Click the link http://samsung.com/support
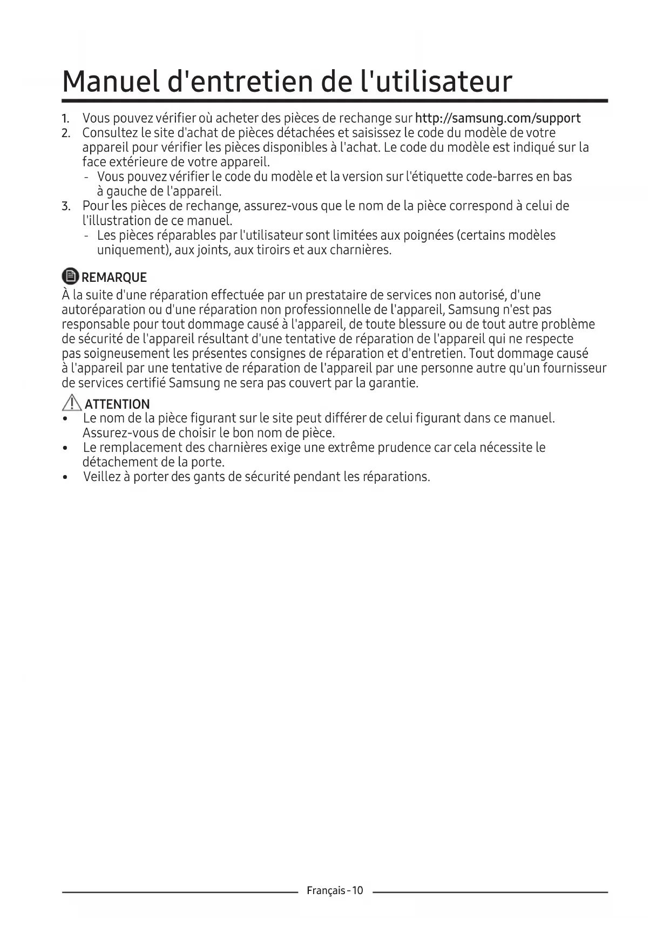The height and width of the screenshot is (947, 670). coord(497,118)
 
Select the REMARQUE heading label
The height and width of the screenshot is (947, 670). coord(114,278)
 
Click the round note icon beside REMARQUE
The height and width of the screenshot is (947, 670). coord(70,277)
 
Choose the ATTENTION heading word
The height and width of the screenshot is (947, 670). coord(117,404)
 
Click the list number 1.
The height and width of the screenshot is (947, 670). coord(65,118)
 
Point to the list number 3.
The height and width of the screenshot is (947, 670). coord(66,206)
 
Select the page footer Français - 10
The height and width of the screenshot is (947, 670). coord(335,890)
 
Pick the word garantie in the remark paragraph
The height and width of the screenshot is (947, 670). coord(395,383)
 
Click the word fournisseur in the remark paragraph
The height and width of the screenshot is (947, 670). coord(573,368)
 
